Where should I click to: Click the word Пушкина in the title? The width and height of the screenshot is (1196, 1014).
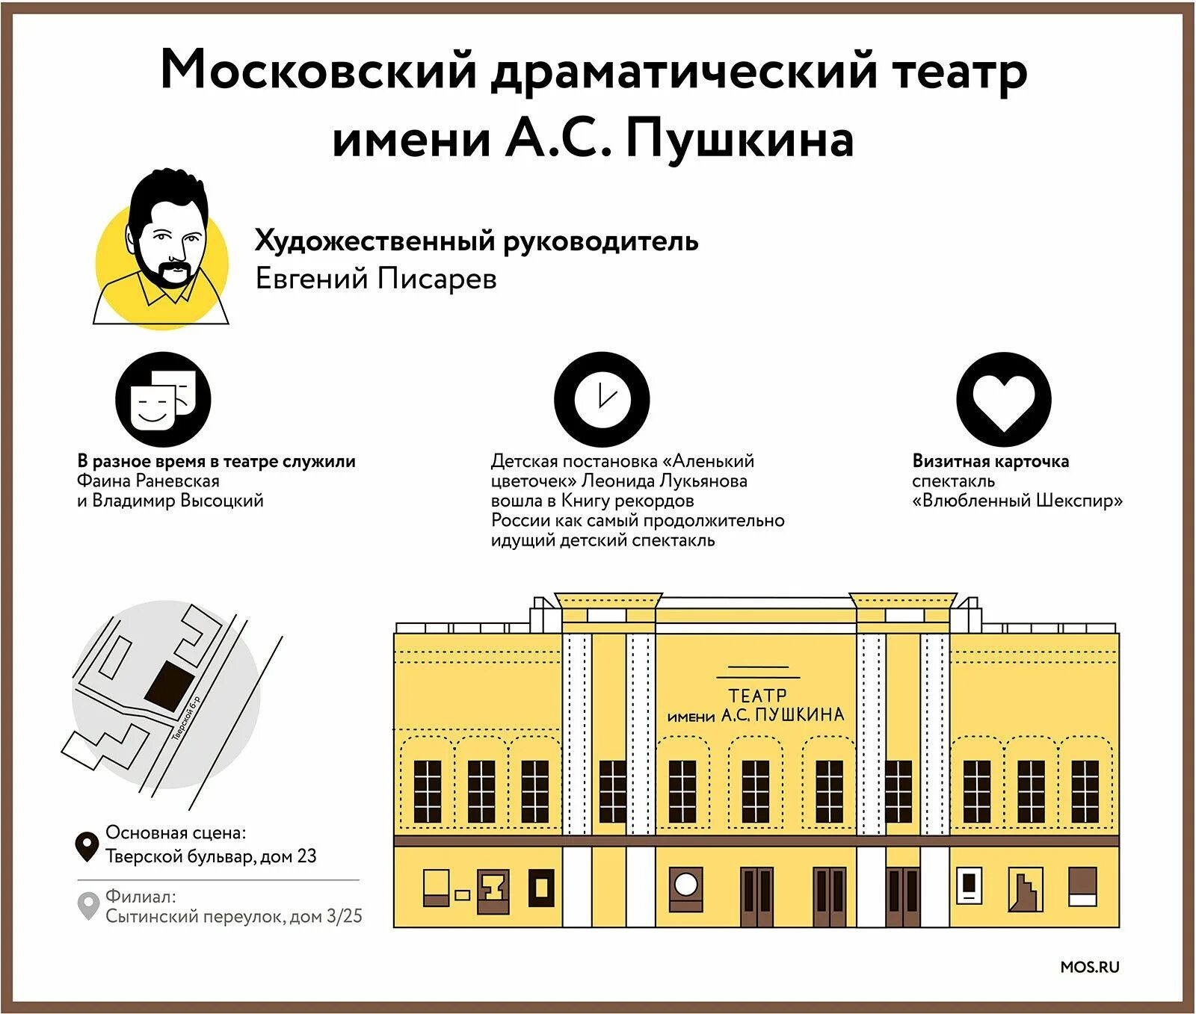(x=739, y=140)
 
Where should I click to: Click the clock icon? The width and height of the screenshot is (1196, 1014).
(x=601, y=399)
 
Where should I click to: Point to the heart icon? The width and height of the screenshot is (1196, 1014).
(x=1003, y=400)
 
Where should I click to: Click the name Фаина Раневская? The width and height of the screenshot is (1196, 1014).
(x=148, y=481)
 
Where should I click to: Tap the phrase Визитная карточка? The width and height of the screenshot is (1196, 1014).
(x=990, y=461)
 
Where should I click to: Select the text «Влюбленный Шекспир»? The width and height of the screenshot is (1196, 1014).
(x=1017, y=501)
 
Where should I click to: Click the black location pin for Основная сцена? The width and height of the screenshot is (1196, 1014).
(x=87, y=846)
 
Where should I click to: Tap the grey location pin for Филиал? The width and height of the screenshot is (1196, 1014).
(x=88, y=906)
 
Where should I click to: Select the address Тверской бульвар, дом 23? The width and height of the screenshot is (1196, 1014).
(x=211, y=856)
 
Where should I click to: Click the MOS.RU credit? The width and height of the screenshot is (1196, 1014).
(x=1089, y=967)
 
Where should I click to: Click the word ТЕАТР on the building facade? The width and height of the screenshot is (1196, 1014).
(x=757, y=695)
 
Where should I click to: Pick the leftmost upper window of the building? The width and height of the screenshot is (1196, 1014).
(x=428, y=791)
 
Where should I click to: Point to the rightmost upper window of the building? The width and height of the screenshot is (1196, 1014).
(x=1084, y=791)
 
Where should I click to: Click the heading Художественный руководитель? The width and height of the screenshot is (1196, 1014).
(x=476, y=241)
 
